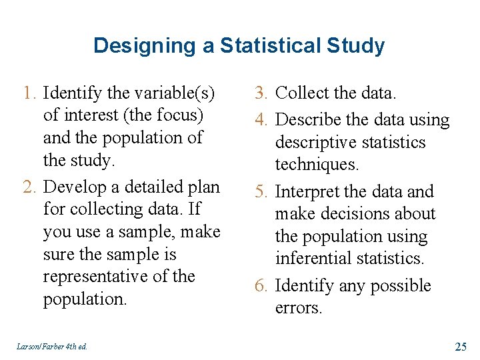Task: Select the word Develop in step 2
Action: [x=75, y=186]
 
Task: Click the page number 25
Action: [x=460, y=346]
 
